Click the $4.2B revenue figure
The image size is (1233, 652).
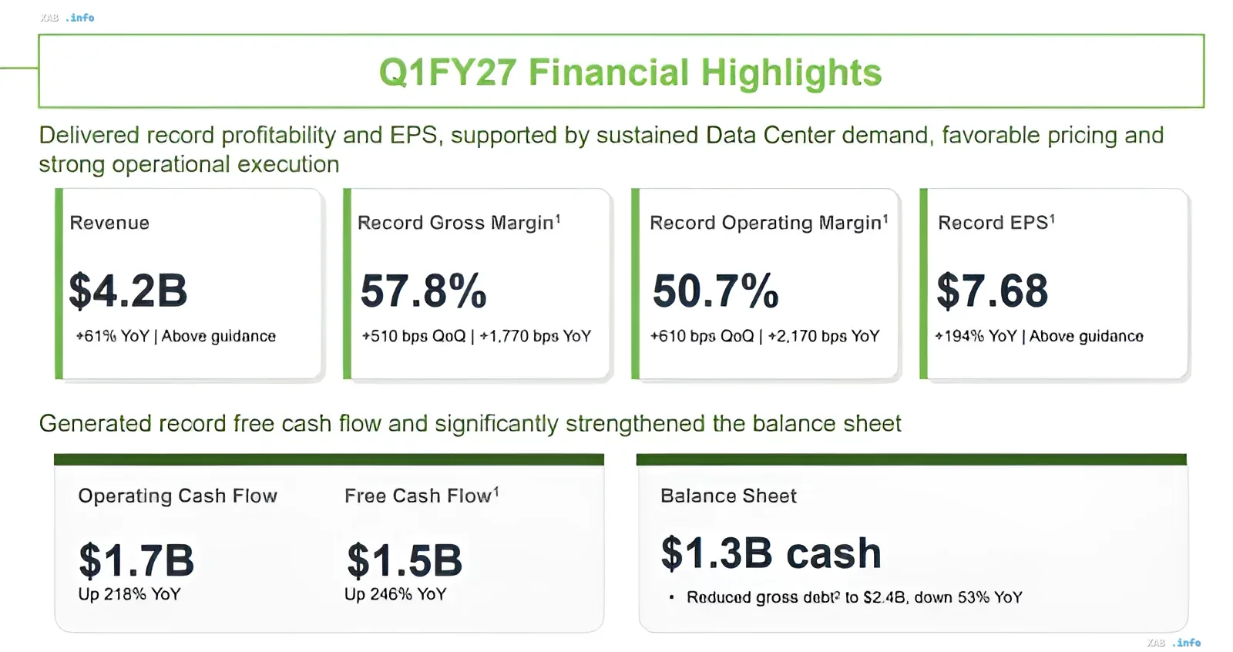[x=128, y=291]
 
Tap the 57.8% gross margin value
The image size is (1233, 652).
[x=423, y=291]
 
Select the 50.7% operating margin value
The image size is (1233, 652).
[x=715, y=291]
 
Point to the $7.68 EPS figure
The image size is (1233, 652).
[x=992, y=291]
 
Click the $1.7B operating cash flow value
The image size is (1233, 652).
[x=136, y=560]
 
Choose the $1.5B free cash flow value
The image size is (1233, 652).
[x=405, y=560]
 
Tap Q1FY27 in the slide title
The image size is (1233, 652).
[x=448, y=72]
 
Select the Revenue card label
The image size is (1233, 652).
[x=109, y=223]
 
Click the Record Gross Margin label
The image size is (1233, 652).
[x=459, y=223]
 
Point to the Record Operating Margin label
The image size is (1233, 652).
[x=769, y=223]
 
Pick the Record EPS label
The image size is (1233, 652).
[x=996, y=223]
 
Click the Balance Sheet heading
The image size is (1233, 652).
[x=728, y=496]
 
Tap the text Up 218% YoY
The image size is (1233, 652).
[x=129, y=594]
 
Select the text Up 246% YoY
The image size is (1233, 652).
[x=395, y=594]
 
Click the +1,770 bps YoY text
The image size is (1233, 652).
[x=535, y=336]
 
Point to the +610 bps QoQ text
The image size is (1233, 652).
[x=702, y=336]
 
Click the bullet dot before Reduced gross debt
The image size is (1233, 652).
[x=671, y=597]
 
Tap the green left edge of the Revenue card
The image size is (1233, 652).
[x=59, y=284]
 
